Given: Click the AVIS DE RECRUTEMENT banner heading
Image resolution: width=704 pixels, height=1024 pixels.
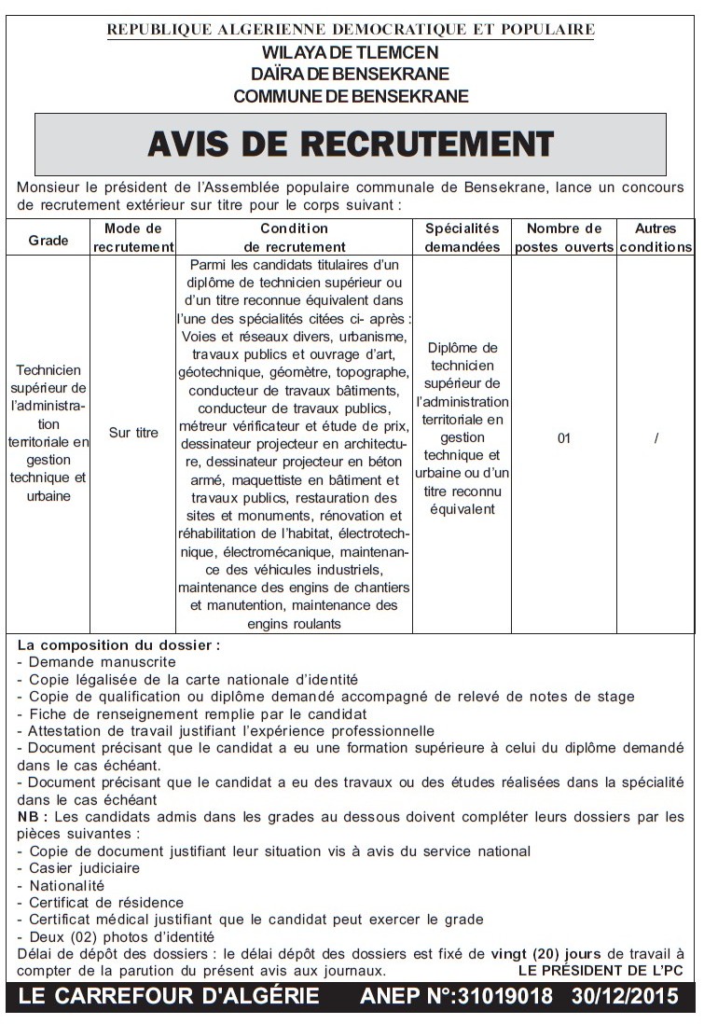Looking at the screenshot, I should (x=351, y=144).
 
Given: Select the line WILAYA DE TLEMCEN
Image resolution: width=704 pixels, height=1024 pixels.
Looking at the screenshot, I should (x=351, y=52).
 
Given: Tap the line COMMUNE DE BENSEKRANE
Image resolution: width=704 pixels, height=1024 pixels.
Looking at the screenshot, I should (x=351, y=96).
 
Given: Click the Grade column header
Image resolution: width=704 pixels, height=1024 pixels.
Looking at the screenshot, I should (x=48, y=240).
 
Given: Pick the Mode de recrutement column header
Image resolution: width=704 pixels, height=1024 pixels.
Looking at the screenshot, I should (x=133, y=238).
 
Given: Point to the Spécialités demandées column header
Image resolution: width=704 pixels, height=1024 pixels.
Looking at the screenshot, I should (x=462, y=238).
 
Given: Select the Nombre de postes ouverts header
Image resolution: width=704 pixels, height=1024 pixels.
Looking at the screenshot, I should (x=564, y=238).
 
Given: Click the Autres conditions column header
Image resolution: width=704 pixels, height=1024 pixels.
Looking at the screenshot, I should (x=656, y=238).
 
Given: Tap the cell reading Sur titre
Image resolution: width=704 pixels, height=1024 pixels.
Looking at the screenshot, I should (x=133, y=434).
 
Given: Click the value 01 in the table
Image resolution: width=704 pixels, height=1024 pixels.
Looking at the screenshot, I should (x=564, y=438).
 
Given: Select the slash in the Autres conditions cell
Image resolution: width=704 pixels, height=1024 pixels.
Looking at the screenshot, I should (x=656, y=438).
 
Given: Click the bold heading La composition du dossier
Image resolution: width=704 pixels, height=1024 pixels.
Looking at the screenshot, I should (x=118, y=644).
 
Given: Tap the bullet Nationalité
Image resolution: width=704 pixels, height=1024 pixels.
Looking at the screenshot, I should (x=66, y=885).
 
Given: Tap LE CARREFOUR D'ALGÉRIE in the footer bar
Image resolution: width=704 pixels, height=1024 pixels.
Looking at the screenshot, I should (x=169, y=996).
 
